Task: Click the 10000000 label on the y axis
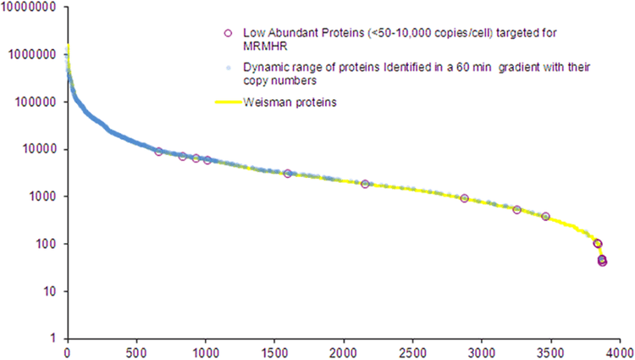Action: click(30, 8)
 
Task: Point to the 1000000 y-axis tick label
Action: click(33, 55)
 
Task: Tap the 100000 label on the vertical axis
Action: click(36, 102)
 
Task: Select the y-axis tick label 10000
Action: click(39, 150)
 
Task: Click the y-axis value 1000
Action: click(42, 197)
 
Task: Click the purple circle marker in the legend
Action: click(227, 33)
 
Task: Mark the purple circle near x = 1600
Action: click(288, 174)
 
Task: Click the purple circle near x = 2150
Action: click(365, 184)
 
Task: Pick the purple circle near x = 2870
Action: click(464, 198)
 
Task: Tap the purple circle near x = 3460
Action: click(545, 217)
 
